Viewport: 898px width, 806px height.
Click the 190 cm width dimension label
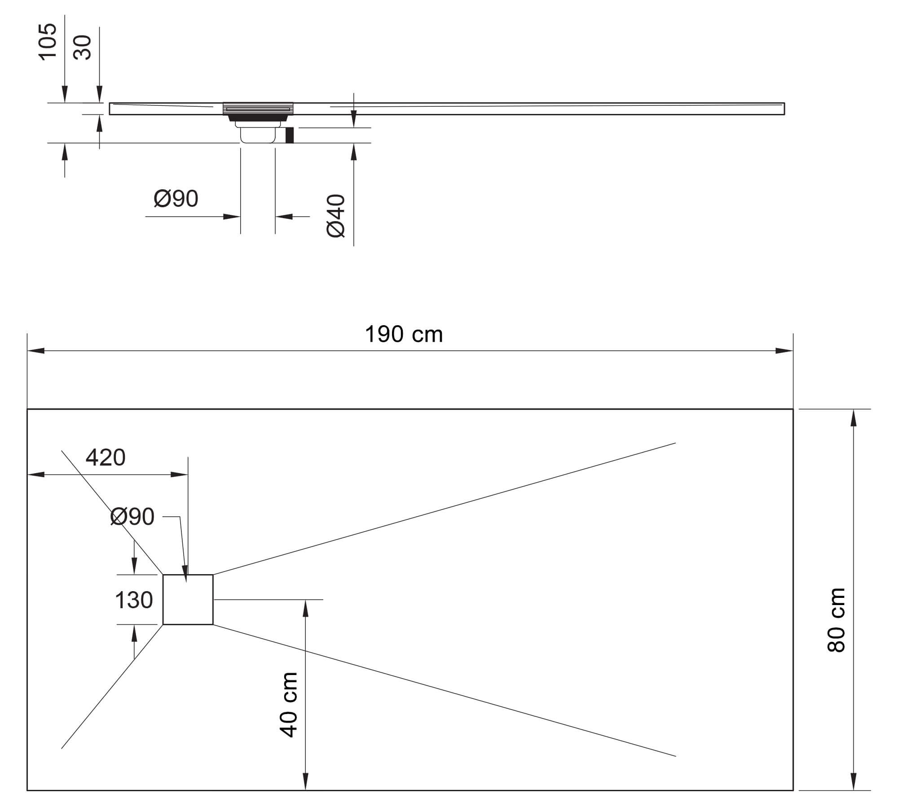point(404,335)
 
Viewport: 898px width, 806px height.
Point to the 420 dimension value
point(106,457)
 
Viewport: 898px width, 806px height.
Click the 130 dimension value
point(134,600)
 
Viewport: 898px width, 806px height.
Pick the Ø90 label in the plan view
point(132,517)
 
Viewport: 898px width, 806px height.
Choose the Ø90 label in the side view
point(176,198)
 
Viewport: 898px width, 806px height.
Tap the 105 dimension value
point(48,41)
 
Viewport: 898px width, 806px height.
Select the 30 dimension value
point(83,48)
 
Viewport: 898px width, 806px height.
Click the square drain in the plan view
point(188,599)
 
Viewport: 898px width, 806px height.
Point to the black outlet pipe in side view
point(290,135)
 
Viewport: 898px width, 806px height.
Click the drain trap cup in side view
point(258,135)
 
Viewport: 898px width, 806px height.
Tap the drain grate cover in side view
point(258,108)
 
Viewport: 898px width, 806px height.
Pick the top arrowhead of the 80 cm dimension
point(854,417)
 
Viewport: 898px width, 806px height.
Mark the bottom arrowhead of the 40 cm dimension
point(305,781)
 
